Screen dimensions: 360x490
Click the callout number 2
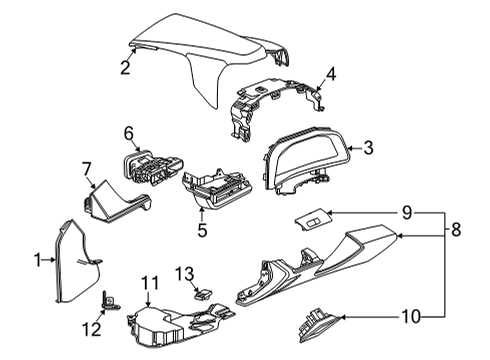125,68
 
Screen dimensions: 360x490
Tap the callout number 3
368,149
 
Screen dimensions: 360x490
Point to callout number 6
129,131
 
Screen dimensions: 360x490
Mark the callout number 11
149,283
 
